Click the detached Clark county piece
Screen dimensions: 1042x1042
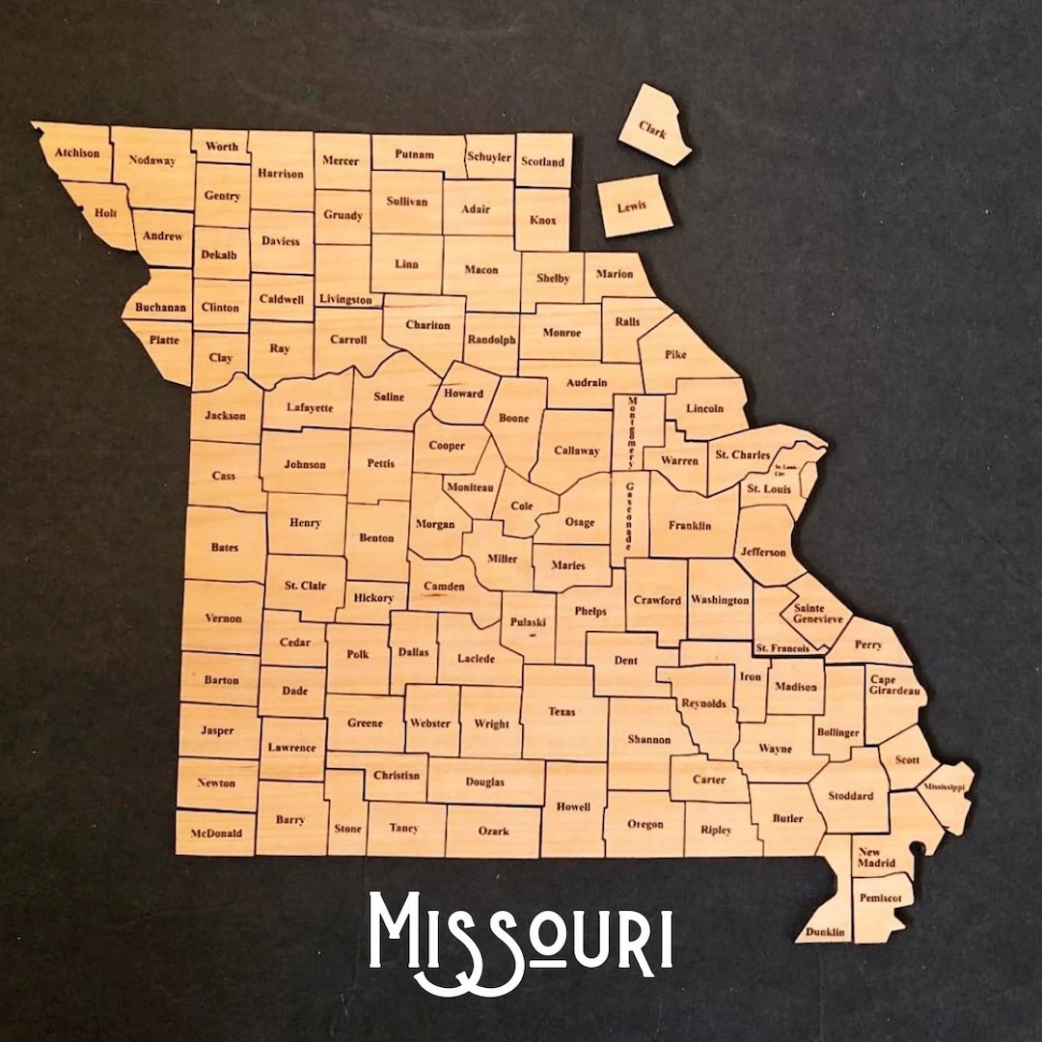point(654,126)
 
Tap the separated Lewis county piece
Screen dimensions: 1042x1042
point(634,206)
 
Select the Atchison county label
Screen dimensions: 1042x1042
point(77,152)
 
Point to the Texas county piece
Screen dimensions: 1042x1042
point(562,712)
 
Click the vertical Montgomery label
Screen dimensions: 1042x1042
point(633,431)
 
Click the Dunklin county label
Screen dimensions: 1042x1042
point(826,932)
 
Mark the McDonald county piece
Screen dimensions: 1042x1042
point(216,833)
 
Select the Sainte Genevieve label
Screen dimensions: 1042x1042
point(817,614)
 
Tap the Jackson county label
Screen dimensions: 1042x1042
point(225,416)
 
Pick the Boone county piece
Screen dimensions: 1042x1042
point(515,420)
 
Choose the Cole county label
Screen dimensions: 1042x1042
point(521,506)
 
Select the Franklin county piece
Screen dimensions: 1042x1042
point(690,525)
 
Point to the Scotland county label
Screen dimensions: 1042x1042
point(542,162)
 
